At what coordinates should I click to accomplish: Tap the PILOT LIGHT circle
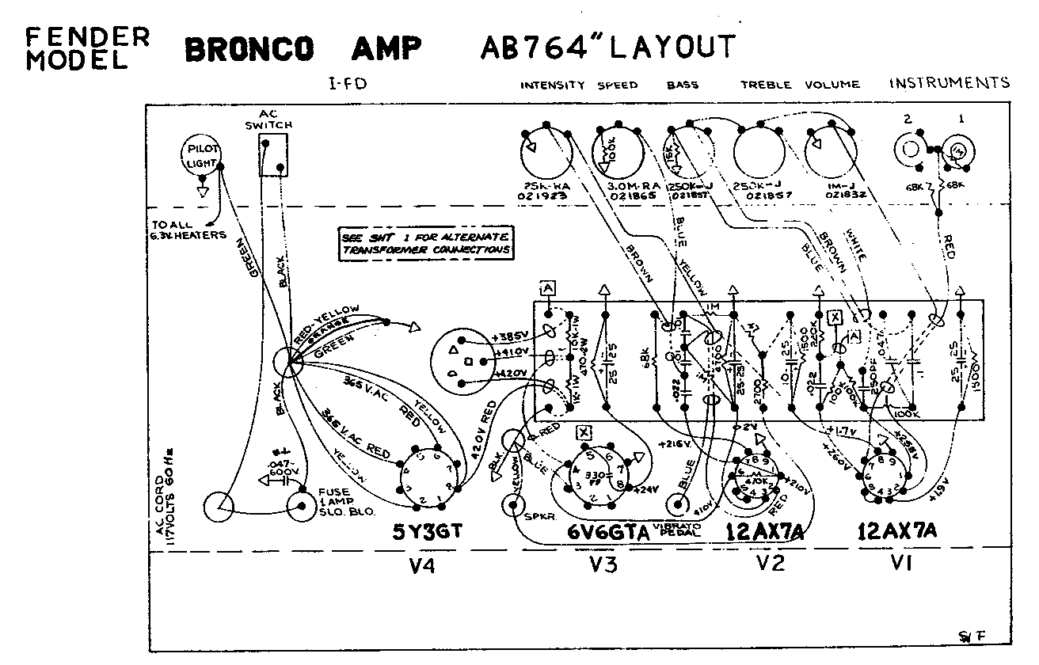click(x=200, y=155)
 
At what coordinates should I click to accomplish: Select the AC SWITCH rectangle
click(x=273, y=154)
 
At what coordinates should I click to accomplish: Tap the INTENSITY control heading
click(x=553, y=85)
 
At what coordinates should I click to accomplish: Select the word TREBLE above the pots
click(x=767, y=85)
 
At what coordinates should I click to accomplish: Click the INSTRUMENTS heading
click(x=950, y=82)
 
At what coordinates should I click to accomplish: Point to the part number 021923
click(x=546, y=193)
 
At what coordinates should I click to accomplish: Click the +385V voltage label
click(x=509, y=334)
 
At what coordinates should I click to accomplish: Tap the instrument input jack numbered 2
click(x=908, y=148)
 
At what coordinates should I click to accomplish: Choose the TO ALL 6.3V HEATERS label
click(x=188, y=230)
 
